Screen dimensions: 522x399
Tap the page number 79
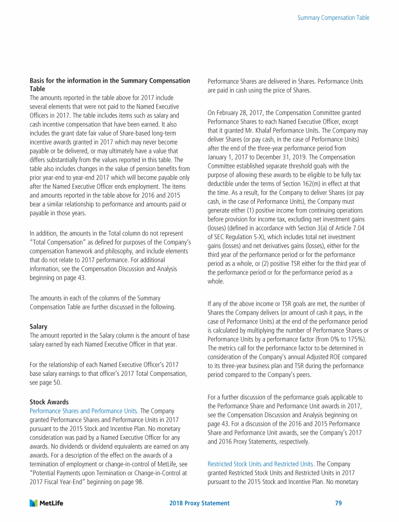(338, 503)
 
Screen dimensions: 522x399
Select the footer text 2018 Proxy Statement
(199, 503)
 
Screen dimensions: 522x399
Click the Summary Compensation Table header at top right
(334, 18)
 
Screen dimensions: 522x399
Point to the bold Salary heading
(38, 327)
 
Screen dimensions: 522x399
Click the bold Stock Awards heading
(50, 401)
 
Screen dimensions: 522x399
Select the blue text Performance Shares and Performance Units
(84, 410)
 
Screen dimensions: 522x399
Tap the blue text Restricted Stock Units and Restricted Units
(261, 464)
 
